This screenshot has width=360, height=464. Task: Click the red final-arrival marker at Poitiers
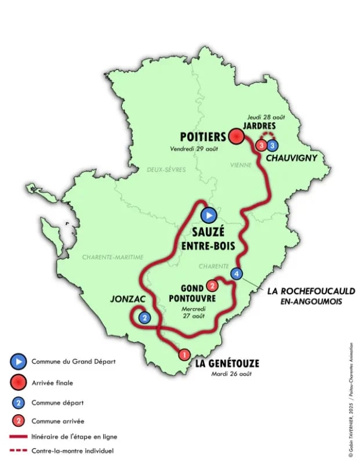(x=235, y=137)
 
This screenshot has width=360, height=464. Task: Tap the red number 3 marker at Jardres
(x=261, y=145)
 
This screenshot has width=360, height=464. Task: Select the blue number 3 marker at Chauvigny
(x=272, y=145)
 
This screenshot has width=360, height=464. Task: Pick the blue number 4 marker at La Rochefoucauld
(x=236, y=273)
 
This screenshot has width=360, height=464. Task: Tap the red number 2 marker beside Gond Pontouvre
(x=212, y=285)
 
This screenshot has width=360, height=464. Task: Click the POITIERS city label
(x=201, y=137)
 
